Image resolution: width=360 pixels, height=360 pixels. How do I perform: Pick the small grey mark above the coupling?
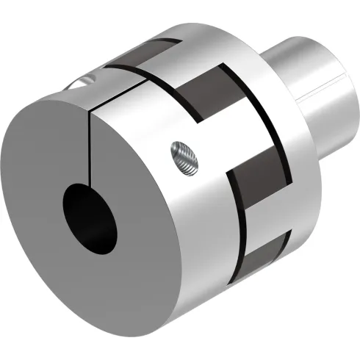coord(192,19)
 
